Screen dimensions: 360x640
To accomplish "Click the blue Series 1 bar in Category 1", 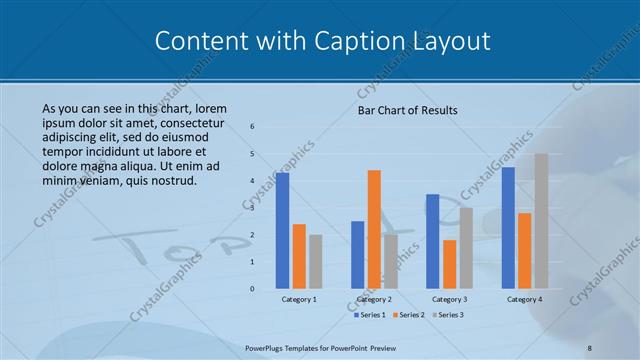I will [283, 230].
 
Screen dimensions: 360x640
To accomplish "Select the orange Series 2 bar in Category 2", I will [374, 229].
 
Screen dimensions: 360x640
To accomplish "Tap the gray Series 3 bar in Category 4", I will [541, 221].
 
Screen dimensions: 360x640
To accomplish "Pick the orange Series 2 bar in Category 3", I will [449, 264].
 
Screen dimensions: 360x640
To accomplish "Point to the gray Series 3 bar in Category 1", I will [316, 261].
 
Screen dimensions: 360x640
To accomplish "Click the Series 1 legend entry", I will [370, 315].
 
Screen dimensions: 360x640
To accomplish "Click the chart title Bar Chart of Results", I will [407, 110].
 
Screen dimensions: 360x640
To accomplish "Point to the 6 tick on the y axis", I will [252, 127].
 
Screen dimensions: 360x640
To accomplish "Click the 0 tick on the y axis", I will [252, 289].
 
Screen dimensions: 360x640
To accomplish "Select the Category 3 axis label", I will [449, 299].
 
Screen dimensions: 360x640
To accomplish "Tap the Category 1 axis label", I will [299, 299].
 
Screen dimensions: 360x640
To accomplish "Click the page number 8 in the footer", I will [589, 347].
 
